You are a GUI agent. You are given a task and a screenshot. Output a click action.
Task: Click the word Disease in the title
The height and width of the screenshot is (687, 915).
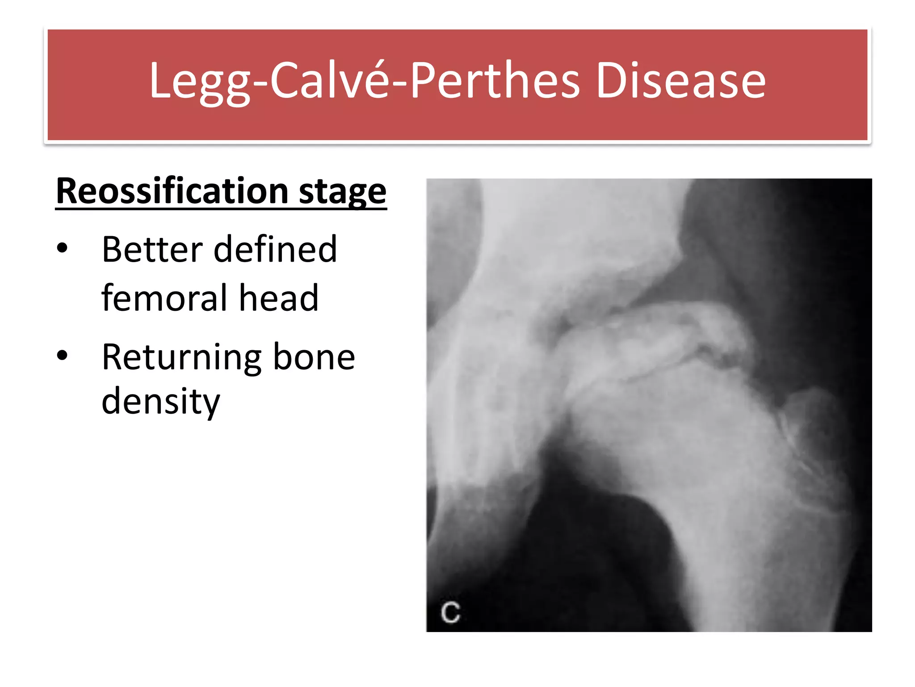click(x=681, y=81)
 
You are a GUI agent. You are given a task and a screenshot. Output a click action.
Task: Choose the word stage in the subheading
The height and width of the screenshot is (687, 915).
click(x=342, y=192)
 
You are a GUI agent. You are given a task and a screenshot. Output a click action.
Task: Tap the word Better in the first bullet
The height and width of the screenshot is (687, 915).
click(x=152, y=249)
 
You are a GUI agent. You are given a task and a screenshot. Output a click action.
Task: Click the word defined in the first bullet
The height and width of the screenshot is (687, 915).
click(x=275, y=249)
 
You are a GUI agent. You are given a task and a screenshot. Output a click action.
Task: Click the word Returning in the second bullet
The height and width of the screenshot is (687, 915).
click(x=181, y=358)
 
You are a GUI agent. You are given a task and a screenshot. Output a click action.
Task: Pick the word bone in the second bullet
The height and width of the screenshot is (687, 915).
click(x=314, y=357)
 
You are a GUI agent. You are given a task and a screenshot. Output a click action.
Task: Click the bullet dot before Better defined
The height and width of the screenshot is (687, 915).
click(x=62, y=248)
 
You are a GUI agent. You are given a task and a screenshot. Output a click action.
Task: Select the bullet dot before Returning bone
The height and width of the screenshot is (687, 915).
click(x=62, y=356)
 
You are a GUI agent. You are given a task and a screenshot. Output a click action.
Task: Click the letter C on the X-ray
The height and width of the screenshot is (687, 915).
click(x=450, y=612)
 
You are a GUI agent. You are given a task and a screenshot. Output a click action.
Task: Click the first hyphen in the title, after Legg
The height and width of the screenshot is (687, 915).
click(x=260, y=82)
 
